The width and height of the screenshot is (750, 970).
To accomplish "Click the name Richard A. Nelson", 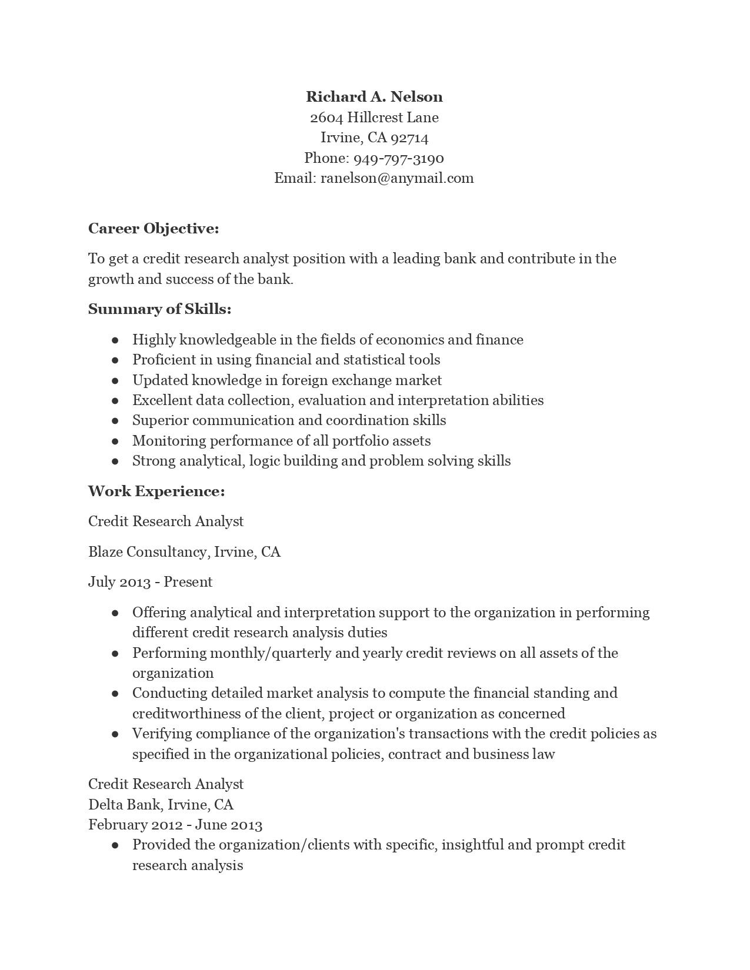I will [374, 96].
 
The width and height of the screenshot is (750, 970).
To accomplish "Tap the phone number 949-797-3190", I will [398, 158].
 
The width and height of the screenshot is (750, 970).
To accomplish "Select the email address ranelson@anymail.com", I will [397, 178].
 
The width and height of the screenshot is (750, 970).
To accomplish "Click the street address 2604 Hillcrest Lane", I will [374, 118].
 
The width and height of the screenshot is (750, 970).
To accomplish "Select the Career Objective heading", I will [154, 228].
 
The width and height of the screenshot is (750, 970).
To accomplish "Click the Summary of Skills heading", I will [159, 309].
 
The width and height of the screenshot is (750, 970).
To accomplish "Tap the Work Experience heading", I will [156, 491].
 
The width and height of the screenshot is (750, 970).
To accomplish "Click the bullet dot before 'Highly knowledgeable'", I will [115, 340].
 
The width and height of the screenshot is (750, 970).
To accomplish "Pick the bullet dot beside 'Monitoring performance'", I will [115, 441].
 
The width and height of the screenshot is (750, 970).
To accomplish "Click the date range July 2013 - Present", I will [150, 582].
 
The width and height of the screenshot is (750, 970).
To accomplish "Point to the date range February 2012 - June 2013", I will [175, 825].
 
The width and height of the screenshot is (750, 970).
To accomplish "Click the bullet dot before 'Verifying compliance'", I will [115, 734].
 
